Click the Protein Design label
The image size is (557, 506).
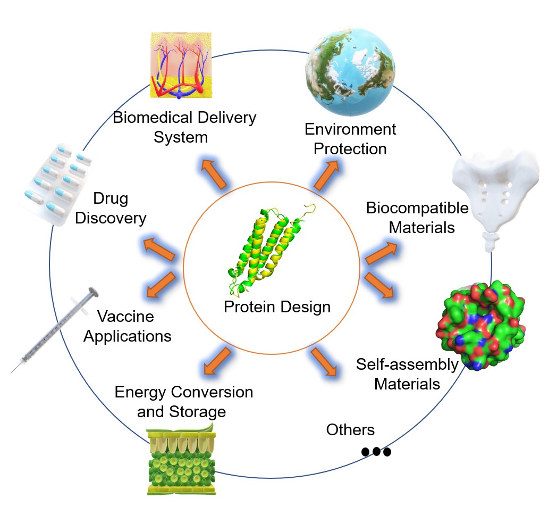(x=277, y=307)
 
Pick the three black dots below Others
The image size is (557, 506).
(x=376, y=452)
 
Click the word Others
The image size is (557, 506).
(x=350, y=429)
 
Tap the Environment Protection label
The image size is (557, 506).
(x=350, y=138)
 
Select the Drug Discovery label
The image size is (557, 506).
(x=111, y=209)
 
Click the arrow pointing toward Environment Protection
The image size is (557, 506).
(x=326, y=176)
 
